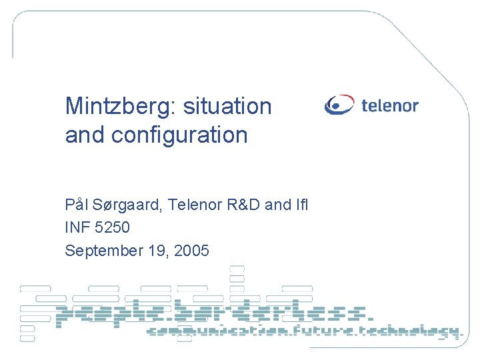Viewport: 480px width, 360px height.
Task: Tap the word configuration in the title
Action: point(179,135)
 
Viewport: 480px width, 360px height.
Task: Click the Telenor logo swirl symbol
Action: point(339,105)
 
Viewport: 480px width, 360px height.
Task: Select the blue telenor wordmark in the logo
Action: point(390,105)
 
